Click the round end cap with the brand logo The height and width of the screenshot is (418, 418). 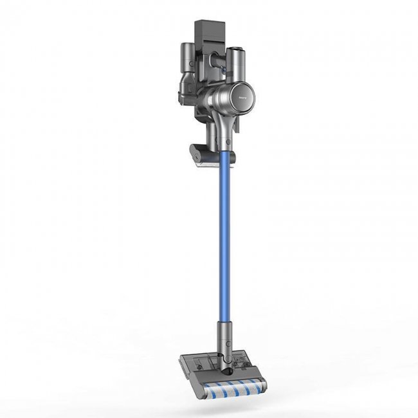[247, 94]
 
